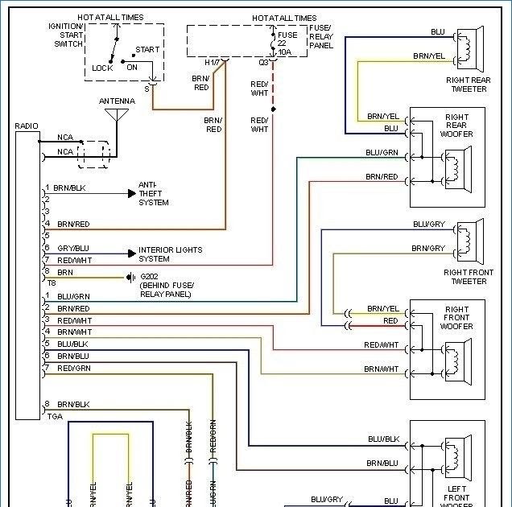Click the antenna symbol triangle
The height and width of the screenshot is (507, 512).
point(116,113)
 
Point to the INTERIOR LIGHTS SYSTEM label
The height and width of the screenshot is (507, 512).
point(170,254)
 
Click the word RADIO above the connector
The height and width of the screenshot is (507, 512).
point(27,126)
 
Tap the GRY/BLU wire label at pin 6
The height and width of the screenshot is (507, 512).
point(72,248)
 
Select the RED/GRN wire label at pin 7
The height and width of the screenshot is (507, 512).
point(73,368)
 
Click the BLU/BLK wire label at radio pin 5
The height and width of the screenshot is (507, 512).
point(73,344)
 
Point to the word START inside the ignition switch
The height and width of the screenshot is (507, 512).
point(147,50)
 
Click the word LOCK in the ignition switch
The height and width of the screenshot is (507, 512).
point(102,68)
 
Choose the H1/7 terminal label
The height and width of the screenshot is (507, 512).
point(212,62)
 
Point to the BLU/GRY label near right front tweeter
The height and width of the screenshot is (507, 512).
point(428,224)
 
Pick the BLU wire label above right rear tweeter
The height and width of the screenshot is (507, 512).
point(437,31)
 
